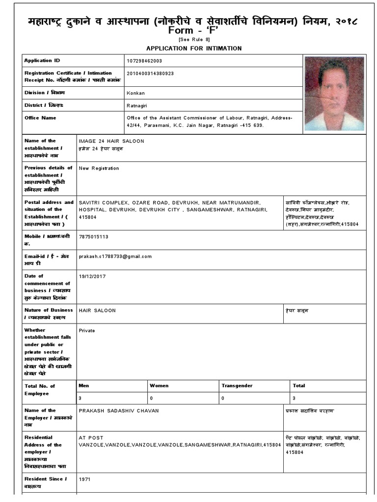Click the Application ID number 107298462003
tap(144, 60)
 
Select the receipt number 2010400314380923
tap(150, 73)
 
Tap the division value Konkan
tap(135, 93)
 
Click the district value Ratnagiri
tap(137, 105)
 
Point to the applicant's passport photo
tap(334, 94)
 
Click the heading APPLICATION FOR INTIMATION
tap(194, 48)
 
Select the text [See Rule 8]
tap(194, 40)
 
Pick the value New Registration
tap(99, 168)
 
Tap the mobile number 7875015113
tap(93, 236)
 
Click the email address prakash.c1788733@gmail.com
tap(115, 256)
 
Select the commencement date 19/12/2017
tap(92, 276)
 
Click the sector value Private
tap(86, 330)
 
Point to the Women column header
tap(159, 385)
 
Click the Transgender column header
tap(238, 385)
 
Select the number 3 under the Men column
tap(80, 398)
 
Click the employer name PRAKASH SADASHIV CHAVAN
tap(118, 410)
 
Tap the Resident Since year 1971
tap(84, 479)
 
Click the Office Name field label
tap(40, 118)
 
